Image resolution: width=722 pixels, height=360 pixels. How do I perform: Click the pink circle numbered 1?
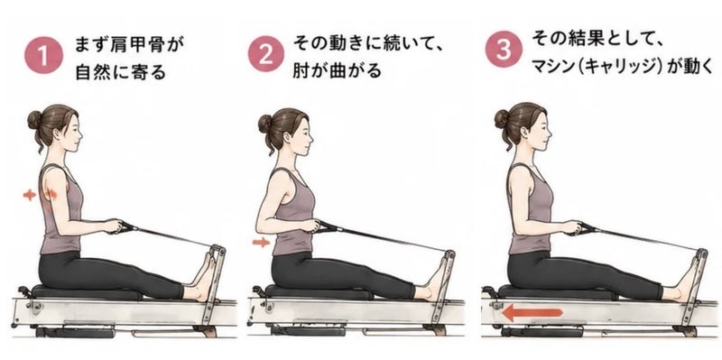pos(43,55)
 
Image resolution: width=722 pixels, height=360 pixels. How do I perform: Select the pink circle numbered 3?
pos(504,49)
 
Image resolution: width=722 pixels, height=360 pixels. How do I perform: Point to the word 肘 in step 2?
pos(301,70)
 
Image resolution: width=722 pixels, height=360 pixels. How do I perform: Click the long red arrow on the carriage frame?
pos(532,313)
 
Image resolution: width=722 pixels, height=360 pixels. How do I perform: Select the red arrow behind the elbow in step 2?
pos(261,241)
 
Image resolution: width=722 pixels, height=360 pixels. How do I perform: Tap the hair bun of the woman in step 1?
pos(34,120)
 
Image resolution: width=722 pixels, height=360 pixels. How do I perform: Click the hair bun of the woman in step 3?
pos(502,118)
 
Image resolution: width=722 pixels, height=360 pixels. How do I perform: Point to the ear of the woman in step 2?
pos(290,137)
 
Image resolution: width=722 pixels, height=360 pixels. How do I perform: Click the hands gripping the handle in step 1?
pos(113,226)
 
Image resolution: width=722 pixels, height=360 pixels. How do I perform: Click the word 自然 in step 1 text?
pos(94,71)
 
